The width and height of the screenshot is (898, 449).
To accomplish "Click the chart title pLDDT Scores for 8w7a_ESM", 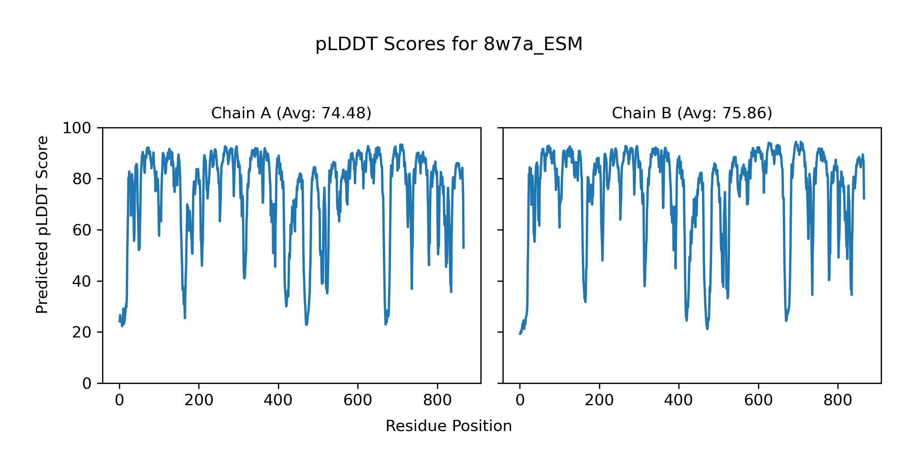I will click(449, 45).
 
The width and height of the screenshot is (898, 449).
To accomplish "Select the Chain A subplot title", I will click(291, 113).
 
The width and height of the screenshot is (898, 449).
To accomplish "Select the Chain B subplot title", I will click(692, 113).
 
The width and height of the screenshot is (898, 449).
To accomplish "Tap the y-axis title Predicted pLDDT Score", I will click(42, 224).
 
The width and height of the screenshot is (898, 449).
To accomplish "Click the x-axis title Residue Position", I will click(449, 426).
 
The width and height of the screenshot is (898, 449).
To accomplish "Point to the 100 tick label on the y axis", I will click(77, 128).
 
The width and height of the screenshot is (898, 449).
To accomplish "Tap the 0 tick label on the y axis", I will click(87, 384).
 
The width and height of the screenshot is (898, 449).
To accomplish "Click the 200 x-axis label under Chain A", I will click(199, 401).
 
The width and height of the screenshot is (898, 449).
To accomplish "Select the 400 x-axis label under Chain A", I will click(278, 401).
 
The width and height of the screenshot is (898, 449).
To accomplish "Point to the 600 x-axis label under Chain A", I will click(358, 401).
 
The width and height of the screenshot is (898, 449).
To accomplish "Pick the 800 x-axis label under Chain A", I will click(437, 401).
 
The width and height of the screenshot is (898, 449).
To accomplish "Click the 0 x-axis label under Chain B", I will click(520, 401).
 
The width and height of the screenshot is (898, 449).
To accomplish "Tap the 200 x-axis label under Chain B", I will click(599, 401).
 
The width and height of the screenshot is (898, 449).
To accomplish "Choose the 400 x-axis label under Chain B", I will click(678, 401).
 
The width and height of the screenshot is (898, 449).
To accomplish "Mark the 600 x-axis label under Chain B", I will click(758, 401).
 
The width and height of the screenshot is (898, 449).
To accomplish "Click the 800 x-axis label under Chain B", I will click(838, 401).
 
